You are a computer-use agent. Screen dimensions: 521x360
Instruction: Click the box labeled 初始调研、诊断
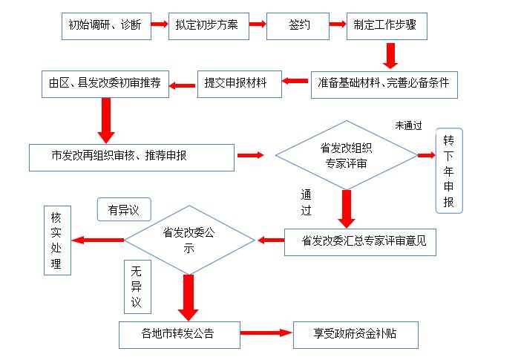click(106, 26)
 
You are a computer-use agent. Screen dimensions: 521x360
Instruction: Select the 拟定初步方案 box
click(209, 26)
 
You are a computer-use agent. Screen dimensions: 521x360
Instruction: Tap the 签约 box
click(298, 26)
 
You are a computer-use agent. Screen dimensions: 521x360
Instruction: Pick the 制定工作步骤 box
click(387, 26)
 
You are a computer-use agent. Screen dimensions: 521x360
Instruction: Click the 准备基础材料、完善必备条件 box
click(384, 85)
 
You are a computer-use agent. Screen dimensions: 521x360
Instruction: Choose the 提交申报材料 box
click(240, 84)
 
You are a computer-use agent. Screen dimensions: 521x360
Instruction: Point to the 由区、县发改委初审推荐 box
click(105, 84)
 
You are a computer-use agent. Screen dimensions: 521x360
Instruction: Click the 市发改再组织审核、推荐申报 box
click(131, 157)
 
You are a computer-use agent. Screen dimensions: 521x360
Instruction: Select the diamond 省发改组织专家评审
click(347, 155)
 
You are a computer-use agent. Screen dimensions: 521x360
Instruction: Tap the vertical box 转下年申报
click(449, 171)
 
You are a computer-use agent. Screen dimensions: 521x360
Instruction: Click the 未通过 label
click(408, 125)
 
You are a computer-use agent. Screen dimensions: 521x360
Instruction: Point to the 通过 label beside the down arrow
click(306, 203)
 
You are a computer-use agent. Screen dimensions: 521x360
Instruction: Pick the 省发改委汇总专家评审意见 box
click(360, 242)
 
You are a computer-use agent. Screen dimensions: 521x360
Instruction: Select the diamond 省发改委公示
click(189, 240)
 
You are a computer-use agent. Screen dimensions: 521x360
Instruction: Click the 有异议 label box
click(124, 209)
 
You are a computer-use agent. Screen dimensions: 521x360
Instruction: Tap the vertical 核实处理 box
click(57, 240)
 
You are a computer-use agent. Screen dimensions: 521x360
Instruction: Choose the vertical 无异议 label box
click(137, 287)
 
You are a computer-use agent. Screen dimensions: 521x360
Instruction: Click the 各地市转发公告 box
click(180, 335)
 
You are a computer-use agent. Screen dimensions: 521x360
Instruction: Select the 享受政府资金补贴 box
click(355, 335)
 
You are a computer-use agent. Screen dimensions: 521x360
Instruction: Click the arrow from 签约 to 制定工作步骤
click(338, 24)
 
